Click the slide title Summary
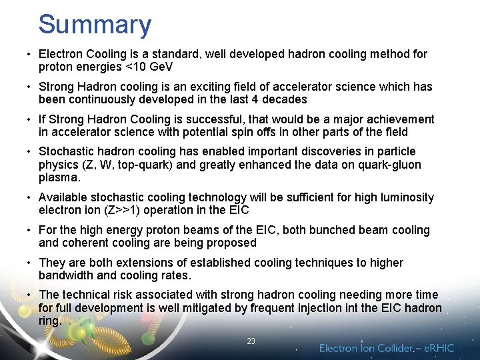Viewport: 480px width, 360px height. [x=95, y=25]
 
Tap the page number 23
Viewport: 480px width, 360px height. [x=251, y=341]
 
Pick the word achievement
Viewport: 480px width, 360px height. [x=394, y=119]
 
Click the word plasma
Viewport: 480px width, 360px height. [x=59, y=177]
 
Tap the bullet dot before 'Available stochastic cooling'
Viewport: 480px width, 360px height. [x=31, y=198]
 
